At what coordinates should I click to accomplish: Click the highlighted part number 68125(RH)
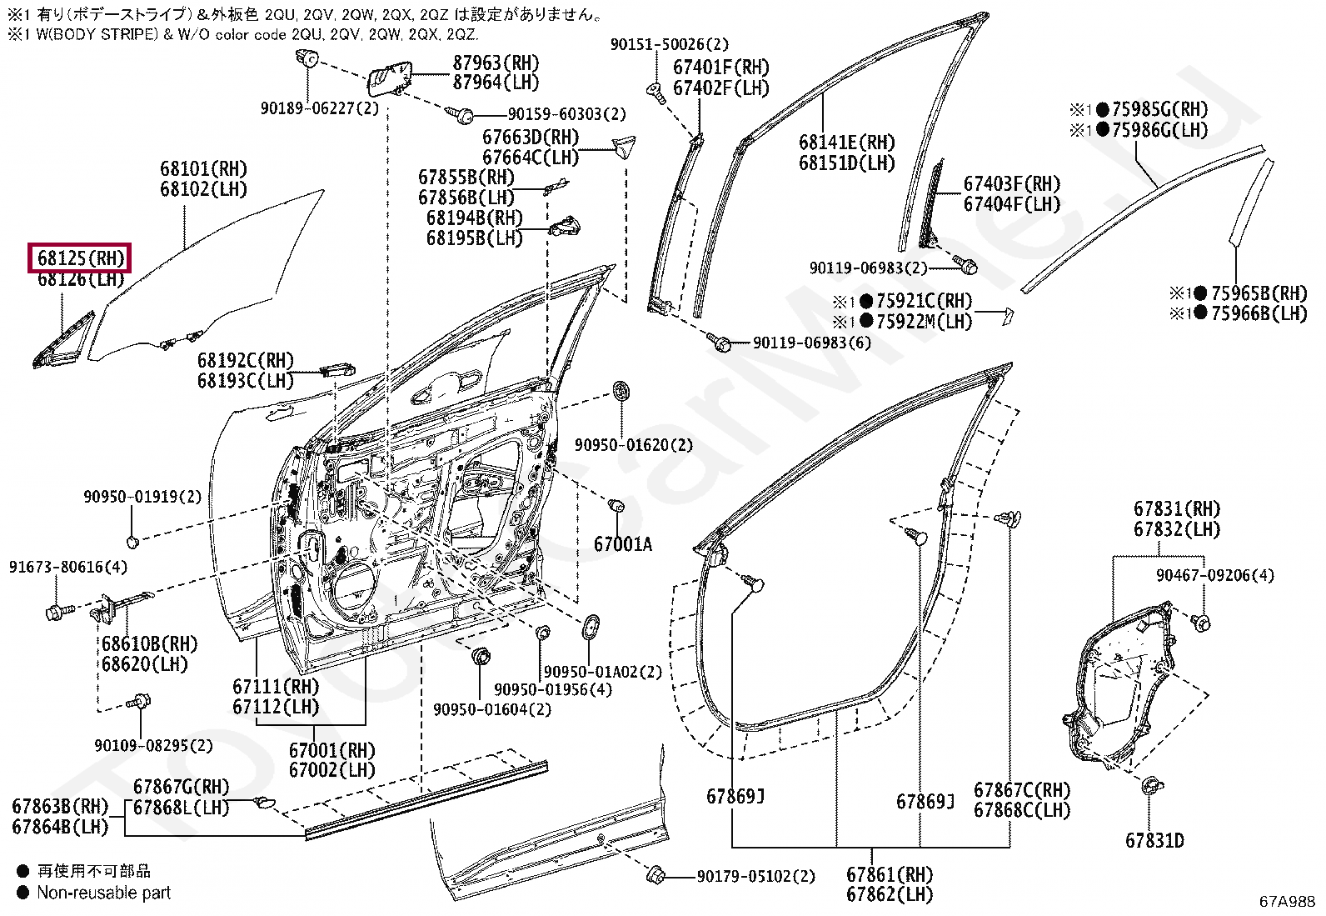point(81,258)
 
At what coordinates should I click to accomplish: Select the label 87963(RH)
point(496,63)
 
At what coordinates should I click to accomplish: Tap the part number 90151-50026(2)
point(670,44)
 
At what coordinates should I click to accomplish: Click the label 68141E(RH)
point(847,143)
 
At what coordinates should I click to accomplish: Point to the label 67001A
point(623,544)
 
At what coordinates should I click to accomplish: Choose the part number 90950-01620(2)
point(633,445)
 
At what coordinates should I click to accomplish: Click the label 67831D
point(1154,840)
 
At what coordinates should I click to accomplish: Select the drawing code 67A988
point(1286,902)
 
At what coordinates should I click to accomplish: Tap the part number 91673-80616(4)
point(68,567)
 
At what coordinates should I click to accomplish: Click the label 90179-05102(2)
point(756,876)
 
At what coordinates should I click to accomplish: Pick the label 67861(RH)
point(889,874)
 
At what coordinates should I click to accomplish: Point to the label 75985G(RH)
point(1159,109)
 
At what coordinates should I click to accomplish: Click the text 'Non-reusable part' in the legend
point(103,893)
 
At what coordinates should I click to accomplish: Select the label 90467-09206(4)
point(1215,575)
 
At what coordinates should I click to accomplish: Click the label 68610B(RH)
point(150,644)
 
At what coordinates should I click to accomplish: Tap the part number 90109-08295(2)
point(153,745)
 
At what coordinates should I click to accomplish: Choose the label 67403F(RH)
point(1012,183)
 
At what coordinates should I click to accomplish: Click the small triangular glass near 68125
point(63,340)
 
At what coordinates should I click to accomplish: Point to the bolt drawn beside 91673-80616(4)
point(60,610)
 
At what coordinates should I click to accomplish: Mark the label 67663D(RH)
point(531,138)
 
